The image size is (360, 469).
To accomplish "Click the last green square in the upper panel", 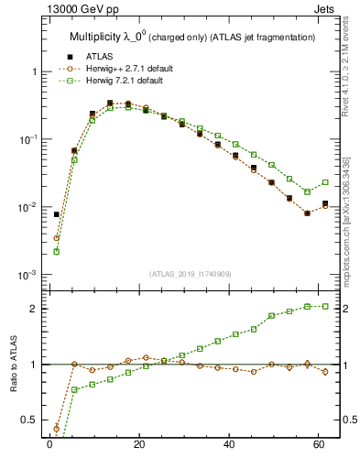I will (325, 182).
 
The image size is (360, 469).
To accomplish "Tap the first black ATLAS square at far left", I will (57, 214).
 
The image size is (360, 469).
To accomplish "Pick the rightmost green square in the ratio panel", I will (325, 306).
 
